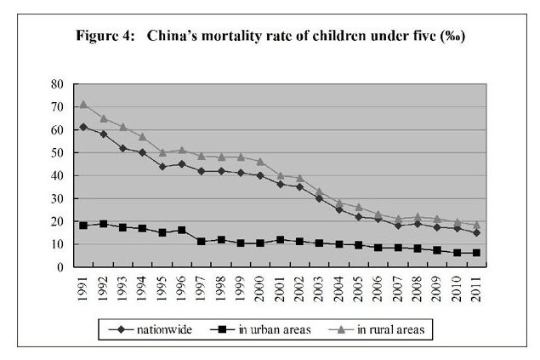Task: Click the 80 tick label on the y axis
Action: point(57,84)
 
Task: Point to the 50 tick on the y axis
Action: point(57,153)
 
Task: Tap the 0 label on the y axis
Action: point(60,267)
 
